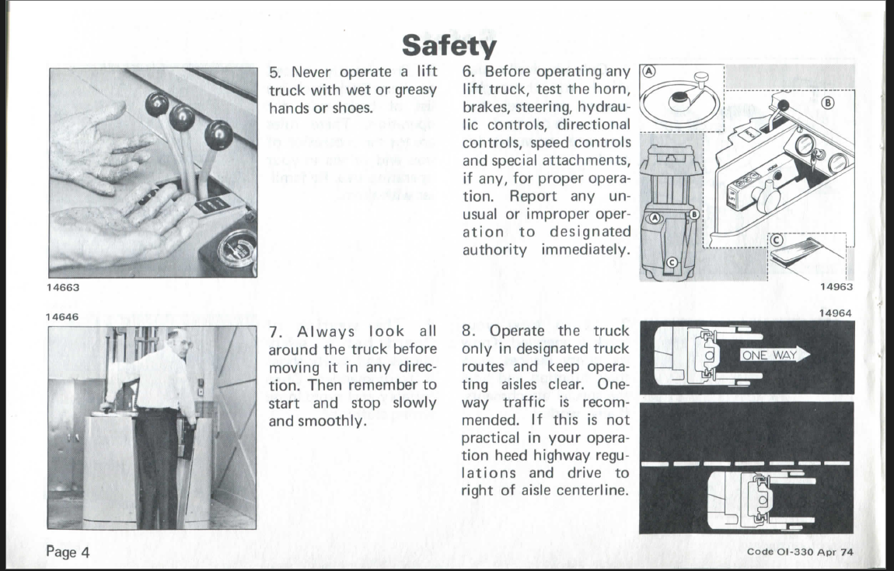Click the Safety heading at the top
coord(449,47)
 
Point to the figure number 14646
coord(61,317)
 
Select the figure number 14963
coord(837,286)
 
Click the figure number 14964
coord(837,313)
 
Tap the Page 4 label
coord(68,552)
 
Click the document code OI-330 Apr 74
coord(804,552)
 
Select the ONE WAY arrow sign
coord(774,356)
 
